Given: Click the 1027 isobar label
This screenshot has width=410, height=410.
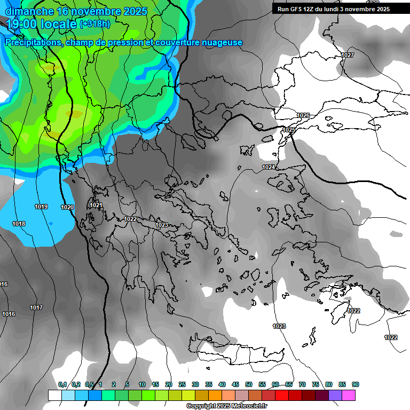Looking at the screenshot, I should (x=348, y=56).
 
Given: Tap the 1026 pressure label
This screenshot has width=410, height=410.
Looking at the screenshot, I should (x=303, y=115).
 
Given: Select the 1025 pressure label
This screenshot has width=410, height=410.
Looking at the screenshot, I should (x=289, y=130).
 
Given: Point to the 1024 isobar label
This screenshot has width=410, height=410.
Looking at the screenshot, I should (x=269, y=168).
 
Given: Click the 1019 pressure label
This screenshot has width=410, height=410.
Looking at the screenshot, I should (x=41, y=207).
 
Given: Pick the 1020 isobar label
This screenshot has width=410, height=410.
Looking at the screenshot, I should (x=67, y=207).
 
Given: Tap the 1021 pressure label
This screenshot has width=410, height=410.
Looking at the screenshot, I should (x=96, y=205).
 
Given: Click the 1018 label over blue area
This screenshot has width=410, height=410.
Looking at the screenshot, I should (x=19, y=224).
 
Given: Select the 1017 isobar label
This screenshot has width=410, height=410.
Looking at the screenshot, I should (x=36, y=307).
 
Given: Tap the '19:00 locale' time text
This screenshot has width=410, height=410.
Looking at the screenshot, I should (x=41, y=23).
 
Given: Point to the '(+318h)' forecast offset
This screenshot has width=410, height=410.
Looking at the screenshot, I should (x=94, y=24).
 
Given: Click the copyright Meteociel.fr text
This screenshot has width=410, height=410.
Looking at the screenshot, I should (x=226, y=406).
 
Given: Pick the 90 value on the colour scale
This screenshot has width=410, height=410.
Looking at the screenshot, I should (x=356, y=384).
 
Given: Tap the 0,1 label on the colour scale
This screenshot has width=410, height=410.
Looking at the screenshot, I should (x=62, y=384).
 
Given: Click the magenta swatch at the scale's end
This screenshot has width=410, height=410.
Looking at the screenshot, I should (x=349, y=395).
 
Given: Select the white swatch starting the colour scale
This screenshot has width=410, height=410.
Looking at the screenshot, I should (x=54, y=395).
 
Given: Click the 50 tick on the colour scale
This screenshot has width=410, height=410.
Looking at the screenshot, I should (x=249, y=384).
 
